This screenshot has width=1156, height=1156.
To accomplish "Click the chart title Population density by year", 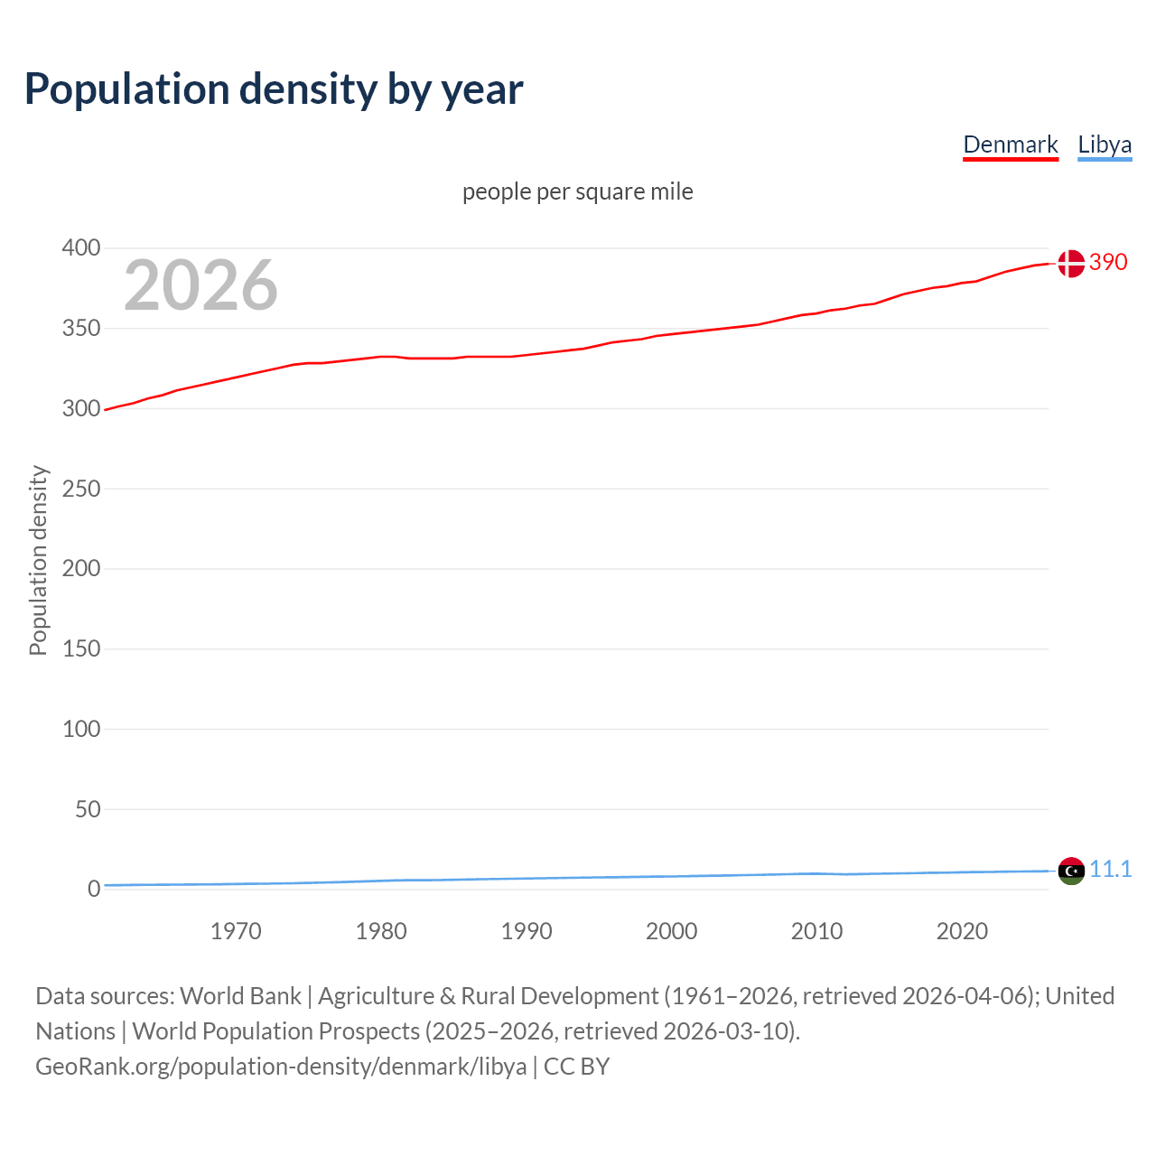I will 274,89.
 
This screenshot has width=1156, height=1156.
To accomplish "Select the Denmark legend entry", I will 1010,144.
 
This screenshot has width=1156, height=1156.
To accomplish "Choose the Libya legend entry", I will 1104,144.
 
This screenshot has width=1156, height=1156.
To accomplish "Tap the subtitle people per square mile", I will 577,191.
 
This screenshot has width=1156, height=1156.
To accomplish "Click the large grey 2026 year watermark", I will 200,285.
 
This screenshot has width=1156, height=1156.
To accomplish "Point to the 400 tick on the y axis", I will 81,247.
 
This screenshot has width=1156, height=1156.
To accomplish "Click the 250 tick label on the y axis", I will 81,489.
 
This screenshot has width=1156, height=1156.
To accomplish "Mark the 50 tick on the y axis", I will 88,809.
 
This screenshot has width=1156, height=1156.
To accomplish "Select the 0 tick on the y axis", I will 94,889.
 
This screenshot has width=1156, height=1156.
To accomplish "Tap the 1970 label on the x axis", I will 236,931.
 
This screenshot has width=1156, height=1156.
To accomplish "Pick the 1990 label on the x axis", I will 527,931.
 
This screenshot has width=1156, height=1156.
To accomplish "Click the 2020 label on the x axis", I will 962,931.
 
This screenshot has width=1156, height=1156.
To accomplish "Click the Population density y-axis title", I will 38,560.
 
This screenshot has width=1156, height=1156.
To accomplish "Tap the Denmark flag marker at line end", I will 1070,264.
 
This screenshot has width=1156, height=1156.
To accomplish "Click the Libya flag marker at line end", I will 1070,872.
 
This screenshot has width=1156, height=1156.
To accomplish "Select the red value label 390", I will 1108,262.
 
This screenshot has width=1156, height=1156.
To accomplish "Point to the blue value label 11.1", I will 1110,869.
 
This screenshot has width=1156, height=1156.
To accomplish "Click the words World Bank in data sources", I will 240,996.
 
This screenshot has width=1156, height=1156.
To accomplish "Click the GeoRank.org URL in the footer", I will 281,1067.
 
